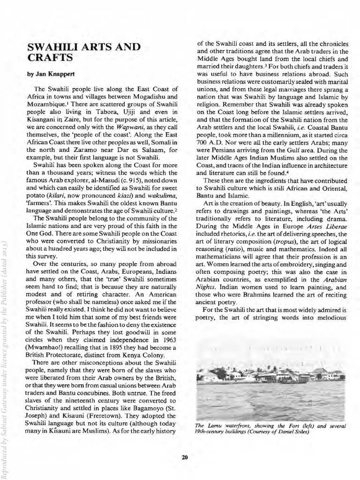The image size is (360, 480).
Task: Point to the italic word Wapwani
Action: tap(129, 127)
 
